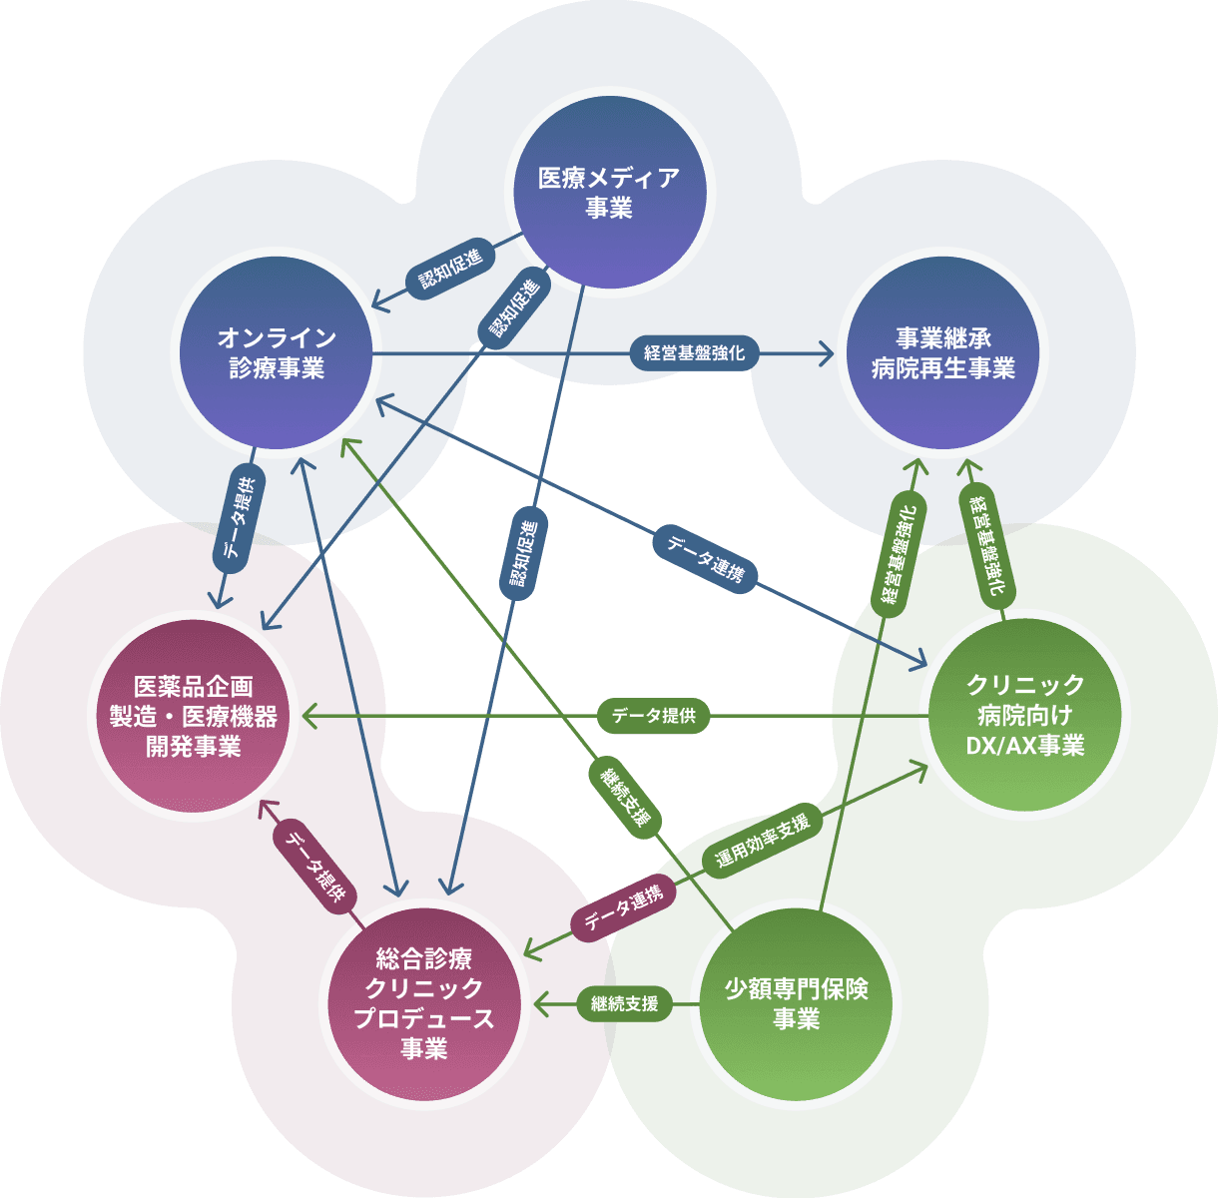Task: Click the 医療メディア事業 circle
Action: click(609, 192)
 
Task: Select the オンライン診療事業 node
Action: click(277, 352)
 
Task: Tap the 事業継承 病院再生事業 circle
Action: click(942, 352)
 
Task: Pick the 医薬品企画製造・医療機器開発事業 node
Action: click(194, 716)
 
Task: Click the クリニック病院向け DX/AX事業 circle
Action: click(1024, 715)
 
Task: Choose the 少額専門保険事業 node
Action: click(796, 1003)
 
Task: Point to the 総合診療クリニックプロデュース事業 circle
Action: click(424, 1003)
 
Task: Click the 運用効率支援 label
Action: click(763, 840)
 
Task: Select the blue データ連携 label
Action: click(706, 559)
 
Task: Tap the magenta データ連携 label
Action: click(623, 906)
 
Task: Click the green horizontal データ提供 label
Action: click(654, 716)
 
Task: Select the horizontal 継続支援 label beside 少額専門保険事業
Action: click(624, 1003)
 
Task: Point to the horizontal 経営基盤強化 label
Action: click(694, 353)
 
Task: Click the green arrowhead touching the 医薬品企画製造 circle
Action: click(307, 716)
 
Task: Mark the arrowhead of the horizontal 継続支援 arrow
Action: click(540, 1003)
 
